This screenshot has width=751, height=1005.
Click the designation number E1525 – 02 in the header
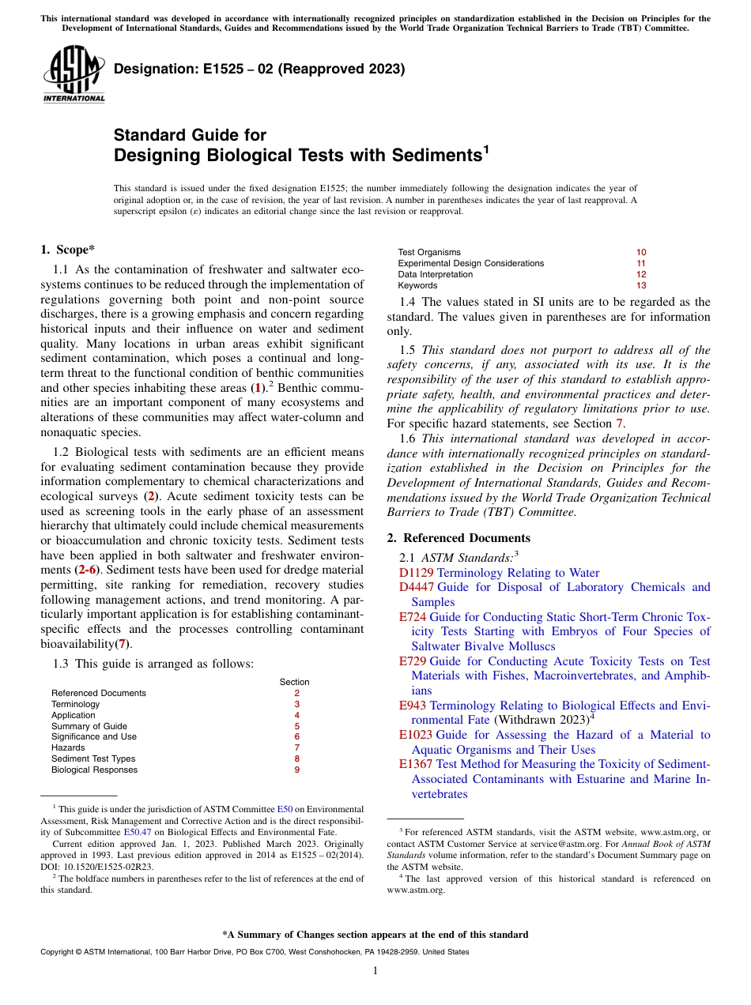pyautogui.click(x=259, y=70)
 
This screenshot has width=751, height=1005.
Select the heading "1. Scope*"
pyautogui.click(x=68, y=250)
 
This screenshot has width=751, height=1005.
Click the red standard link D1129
pyautogui.click(x=417, y=573)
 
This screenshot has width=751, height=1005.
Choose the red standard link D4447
pyautogui.click(x=417, y=587)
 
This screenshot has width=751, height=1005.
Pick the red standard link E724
pyautogui.click(x=413, y=617)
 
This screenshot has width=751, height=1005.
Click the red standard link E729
pyautogui.click(x=413, y=661)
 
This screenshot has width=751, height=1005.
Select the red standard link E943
pyautogui.click(x=413, y=706)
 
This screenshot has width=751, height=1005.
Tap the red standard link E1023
pyautogui.click(x=416, y=735)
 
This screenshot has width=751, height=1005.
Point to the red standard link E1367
pyautogui.click(x=416, y=764)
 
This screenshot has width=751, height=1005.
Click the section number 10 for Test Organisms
pyautogui.click(x=641, y=253)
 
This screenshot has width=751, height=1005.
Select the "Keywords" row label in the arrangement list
pyautogui.click(x=417, y=286)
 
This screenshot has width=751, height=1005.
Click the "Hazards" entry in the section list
pyautogui.click(x=68, y=747)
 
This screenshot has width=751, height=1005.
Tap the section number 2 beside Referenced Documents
pyautogui.click(x=296, y=693)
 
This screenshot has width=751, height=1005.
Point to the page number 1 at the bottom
pyautogui.click(x=375, y=971)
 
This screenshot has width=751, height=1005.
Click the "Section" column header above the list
pyautogui.click(x=294, y=682)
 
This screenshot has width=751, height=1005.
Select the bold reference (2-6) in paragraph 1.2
pyautogui.click(x=87, y=570)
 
